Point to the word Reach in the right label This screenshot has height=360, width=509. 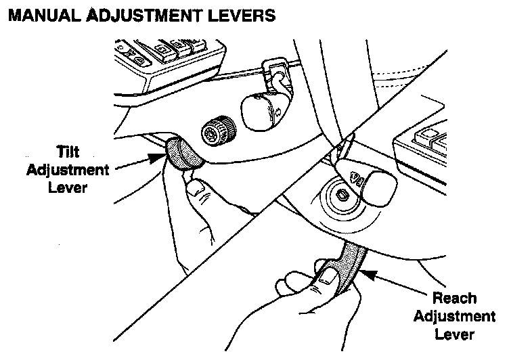[x=455, y=298]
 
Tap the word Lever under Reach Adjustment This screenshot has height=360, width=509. [x=454, y=334]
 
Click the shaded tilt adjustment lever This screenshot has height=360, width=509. [x=184, y=153]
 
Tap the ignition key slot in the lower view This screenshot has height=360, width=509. [x=342, y=196]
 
